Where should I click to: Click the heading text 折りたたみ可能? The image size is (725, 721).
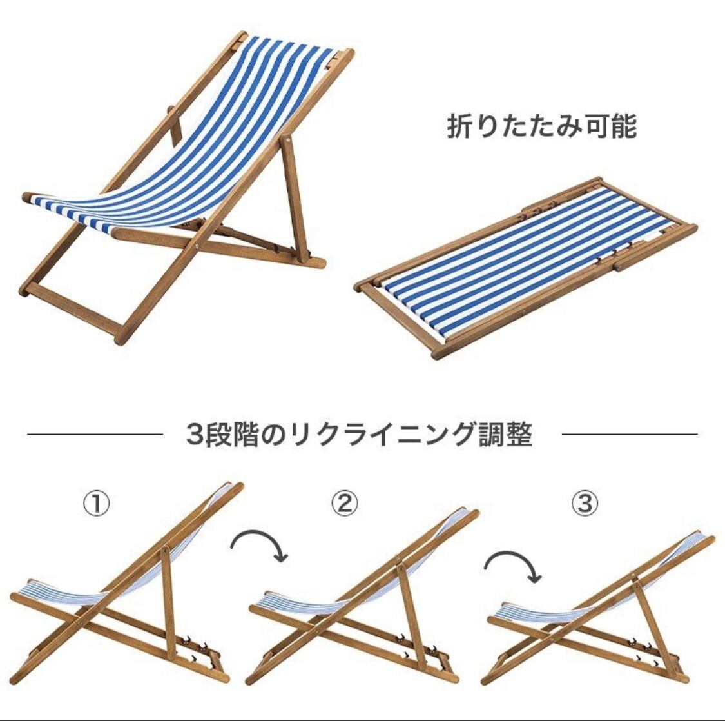click(x=542, y=127)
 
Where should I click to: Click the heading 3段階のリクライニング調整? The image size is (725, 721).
click(x=360, y=434)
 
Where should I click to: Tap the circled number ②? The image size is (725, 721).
click(x=345, y=503)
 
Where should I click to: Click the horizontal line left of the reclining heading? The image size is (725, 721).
click(x=94, y=435)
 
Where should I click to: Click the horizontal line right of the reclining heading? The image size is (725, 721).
click(x=629, y=435)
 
